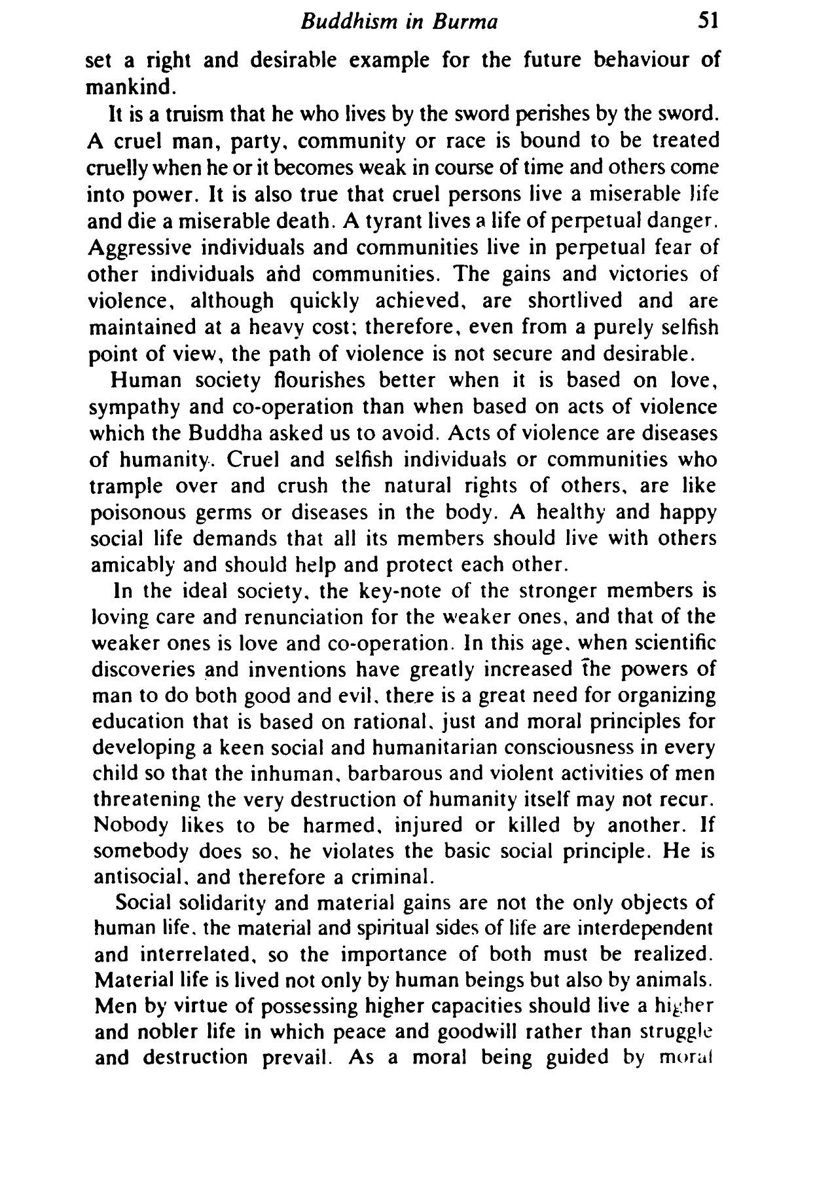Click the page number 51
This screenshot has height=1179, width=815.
(x=708, y=22)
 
